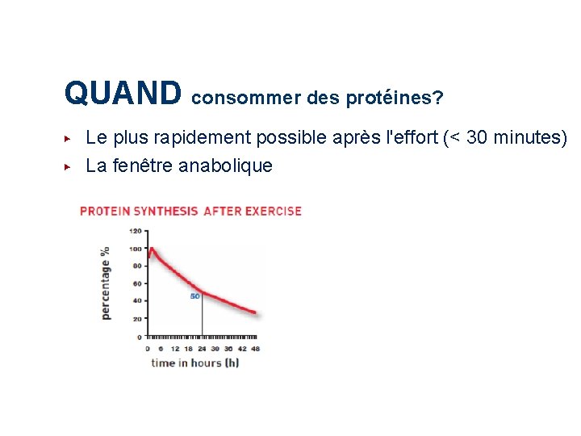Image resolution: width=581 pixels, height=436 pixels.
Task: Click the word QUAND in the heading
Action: (x=123, y=93)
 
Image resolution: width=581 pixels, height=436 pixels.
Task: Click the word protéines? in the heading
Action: (x=394, y=99)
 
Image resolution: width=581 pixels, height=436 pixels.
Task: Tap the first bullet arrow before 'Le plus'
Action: (x=69, y=138)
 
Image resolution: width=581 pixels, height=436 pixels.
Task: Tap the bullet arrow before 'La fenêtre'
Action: (x=69, y=166)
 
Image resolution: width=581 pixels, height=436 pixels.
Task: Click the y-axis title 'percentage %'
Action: (x=106, y=283)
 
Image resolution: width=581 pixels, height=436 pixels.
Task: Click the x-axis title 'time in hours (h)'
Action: (x=194, y=363)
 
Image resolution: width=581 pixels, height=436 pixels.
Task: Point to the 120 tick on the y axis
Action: (x=136, y=231)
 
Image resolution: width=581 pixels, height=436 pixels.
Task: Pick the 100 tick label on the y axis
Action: (x=136, y=249)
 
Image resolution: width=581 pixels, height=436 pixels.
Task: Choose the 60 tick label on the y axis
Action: (x=137, y=283)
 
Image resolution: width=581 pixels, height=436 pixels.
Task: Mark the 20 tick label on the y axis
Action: (x=137, y=318)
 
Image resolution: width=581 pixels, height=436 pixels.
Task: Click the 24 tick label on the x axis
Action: (x=202, y=349)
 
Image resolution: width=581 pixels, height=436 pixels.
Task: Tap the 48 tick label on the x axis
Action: (x=256, y=349)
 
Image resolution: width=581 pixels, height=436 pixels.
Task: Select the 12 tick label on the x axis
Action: (x=174, y=349)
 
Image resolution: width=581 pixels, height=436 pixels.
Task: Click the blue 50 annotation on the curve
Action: (x=194, y=296)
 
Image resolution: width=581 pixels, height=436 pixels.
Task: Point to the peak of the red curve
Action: (x=151, y=249)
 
